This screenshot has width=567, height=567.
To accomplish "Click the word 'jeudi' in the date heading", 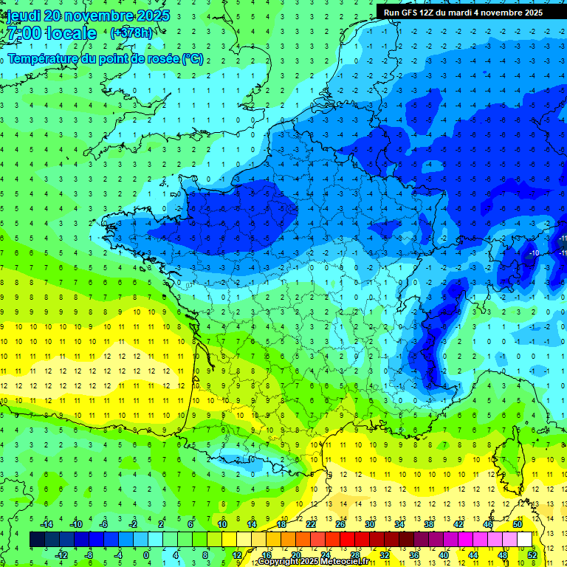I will click(23, 16).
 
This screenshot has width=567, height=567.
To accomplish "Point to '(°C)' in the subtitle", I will click(192, 59).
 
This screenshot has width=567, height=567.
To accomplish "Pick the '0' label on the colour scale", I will click(146, 555).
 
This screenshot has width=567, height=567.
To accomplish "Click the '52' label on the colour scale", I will click(532, 555).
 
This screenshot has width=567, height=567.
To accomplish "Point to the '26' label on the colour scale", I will click(340, 524).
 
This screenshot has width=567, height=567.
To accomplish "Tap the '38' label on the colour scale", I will click(428, 524).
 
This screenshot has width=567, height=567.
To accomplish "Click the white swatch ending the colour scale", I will click(525, 540).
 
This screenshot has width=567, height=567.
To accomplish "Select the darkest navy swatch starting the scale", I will click(37, 540).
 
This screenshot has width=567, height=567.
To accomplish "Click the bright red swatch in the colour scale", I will click(348, 540).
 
